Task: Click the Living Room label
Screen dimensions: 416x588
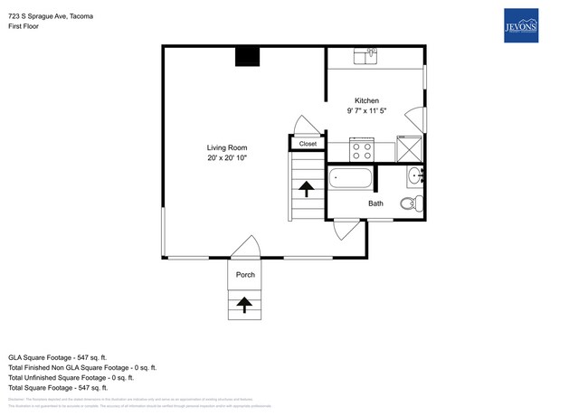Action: [226, 147]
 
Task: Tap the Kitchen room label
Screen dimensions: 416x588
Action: [366, 100]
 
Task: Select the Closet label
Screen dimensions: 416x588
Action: [308, 144]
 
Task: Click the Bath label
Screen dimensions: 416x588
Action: [375, 203]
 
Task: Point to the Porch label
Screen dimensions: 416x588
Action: [245, 275]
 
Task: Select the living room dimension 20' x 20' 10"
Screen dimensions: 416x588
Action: [226, 158]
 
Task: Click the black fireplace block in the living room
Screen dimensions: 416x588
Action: [247, 56]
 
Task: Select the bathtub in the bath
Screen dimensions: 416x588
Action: [349, 178]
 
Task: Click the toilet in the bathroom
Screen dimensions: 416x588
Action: [411, 203]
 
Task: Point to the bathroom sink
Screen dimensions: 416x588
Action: [414, 176]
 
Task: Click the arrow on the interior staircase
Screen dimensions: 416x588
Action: [306, 189]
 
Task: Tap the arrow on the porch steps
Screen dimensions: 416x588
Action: [244, 305]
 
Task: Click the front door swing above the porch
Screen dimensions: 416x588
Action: [245, 248]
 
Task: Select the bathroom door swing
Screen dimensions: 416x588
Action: [344, 231]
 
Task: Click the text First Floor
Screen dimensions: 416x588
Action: [26, 27]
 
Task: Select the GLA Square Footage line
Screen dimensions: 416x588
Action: [58, 357]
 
